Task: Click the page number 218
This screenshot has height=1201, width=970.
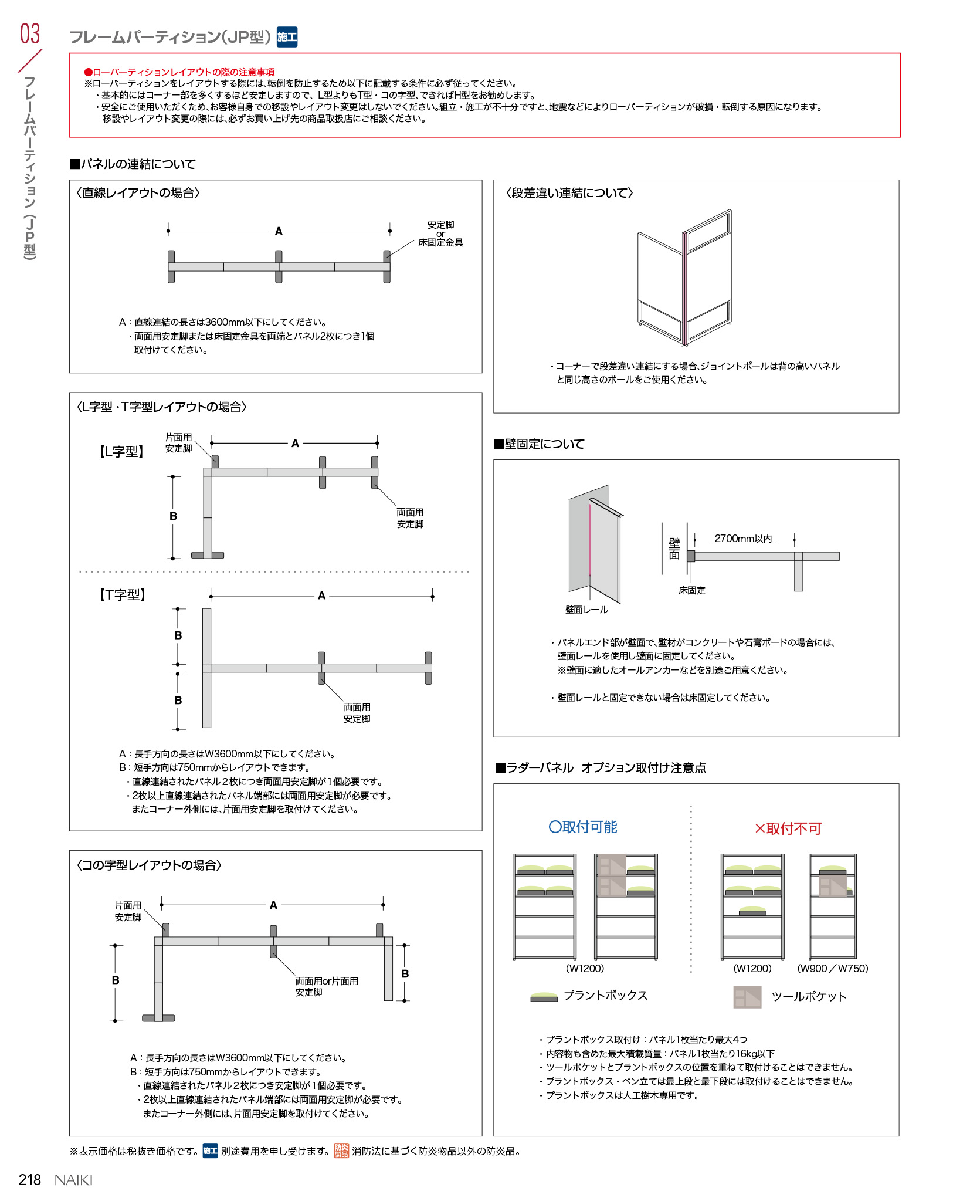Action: (x=29, y=1179)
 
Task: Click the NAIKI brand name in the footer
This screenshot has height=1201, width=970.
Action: (x=73, y=1180)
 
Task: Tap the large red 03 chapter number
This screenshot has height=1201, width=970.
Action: (x=30, y=33)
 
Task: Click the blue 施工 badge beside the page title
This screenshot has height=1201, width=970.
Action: (x=287, y=37)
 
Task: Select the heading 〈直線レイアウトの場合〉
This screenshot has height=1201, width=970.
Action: (x=138, y=193)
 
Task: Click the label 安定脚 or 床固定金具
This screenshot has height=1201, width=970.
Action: (x=440, y=234)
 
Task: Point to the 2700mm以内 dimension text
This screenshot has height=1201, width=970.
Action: (x=743, y=539)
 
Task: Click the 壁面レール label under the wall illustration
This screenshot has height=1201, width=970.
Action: (x=586, y=610)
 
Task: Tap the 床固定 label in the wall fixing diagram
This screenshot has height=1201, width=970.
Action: (x=692, y=590)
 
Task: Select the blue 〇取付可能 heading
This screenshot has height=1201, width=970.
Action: (x=583, y=827)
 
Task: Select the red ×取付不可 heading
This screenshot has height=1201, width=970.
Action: (x=788, y=828)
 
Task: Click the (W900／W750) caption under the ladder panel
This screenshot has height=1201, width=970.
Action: (x=832, y=968)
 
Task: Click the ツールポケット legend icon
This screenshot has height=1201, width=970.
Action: (x=747, y=997)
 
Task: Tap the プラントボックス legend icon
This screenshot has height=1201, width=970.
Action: (x=544, y=996)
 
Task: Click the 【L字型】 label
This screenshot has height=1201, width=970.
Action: (x=121, y=452)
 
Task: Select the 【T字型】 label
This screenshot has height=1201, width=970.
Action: (x=122, y=595)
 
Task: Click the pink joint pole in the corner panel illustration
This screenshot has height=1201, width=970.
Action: (x=684, y=287)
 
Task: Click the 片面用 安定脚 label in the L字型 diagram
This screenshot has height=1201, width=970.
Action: (x=178, y=443)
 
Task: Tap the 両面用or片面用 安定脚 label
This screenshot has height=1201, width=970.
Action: (x=326, y=986)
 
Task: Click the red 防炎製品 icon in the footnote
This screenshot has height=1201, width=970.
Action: (x=341, y=1151)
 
